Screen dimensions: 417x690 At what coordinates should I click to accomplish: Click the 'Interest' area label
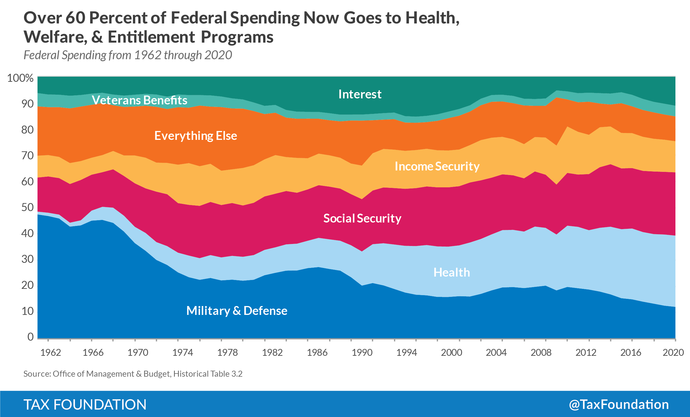click(360, 94)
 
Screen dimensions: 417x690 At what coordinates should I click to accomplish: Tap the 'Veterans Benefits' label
click(139, 100)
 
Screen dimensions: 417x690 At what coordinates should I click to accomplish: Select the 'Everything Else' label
click(195, 136)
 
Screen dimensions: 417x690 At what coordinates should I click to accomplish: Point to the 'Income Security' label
click(437, 166)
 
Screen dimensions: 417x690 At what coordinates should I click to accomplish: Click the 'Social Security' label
click(362, 218)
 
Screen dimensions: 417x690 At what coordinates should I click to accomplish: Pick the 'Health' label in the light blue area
click(451, 272)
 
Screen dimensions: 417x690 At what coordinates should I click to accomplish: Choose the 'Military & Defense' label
click(237, 311)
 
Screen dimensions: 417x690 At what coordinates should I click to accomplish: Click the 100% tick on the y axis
click(20, 78)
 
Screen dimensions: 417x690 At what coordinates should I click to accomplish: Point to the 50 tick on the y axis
click(27, 207)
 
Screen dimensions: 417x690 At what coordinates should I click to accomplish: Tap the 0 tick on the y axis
click(30, 337)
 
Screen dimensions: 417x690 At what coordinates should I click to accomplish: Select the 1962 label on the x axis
click(51, 352)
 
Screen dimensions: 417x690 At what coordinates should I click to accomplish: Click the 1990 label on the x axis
click(362, 352)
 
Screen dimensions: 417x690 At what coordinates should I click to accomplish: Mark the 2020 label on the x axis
click(673, 352)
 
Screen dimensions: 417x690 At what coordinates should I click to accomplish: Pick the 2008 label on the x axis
click(541, 352)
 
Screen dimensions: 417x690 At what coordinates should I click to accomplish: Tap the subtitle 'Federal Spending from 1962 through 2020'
click(127, 55)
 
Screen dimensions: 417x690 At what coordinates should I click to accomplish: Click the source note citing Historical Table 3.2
click(133, 374)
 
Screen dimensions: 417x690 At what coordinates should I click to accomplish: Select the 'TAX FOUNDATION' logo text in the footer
click(85, 404)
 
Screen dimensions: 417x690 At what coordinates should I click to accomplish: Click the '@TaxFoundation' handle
click(619, 404)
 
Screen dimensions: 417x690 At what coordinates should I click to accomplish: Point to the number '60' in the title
click(75, 18)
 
